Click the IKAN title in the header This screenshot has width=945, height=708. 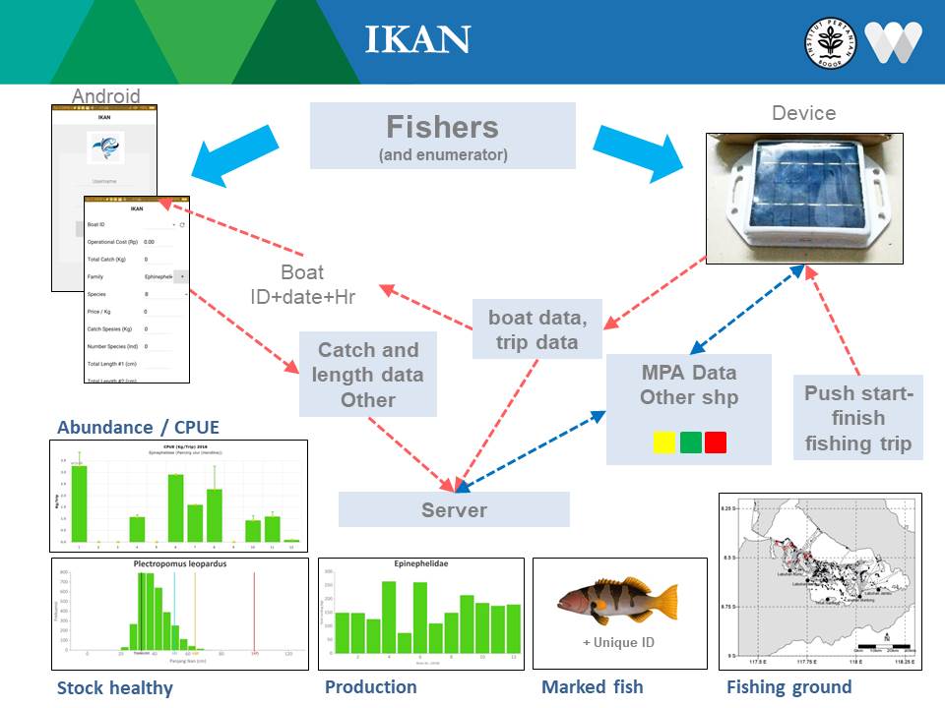coord(417,40)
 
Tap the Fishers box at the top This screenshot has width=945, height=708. coord(442,136)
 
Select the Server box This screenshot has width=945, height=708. coord(454,509)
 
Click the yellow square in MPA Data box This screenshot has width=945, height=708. coord(664,442)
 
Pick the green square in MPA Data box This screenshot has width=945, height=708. coord(690,442)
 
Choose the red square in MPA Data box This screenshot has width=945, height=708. coord(716,442)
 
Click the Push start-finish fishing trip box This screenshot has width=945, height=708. coord(857,418)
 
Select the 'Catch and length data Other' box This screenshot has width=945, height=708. coord(367,375)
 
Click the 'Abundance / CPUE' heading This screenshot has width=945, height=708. coord(138,427)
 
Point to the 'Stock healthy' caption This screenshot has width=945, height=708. coord(114,687)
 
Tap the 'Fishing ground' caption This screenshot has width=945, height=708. coord(788,687)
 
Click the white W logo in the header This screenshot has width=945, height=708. coord(893,41)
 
